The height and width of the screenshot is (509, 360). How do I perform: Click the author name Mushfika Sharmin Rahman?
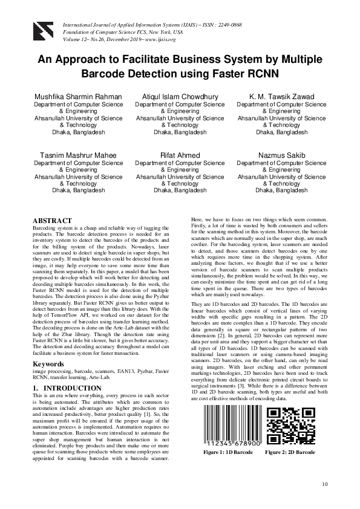[x=78, y=97]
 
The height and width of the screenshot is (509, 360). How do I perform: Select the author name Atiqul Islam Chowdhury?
[x=180, y=97]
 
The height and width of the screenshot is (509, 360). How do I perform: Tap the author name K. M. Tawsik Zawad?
[x=281, y=97]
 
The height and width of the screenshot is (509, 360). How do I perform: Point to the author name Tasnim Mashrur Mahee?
[x=78, y=155]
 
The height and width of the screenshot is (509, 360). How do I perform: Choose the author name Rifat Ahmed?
[x=180, y=155]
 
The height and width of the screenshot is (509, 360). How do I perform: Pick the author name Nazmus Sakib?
[x=281, y=155]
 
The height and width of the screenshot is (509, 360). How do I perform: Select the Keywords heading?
[x=49, y=365]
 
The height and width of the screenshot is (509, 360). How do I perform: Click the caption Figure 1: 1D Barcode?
[x=228, y=452]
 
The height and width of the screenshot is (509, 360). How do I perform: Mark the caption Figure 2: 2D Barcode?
[x=290, y=452]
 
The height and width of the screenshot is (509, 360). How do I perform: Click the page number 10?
[x=325, y=484]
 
